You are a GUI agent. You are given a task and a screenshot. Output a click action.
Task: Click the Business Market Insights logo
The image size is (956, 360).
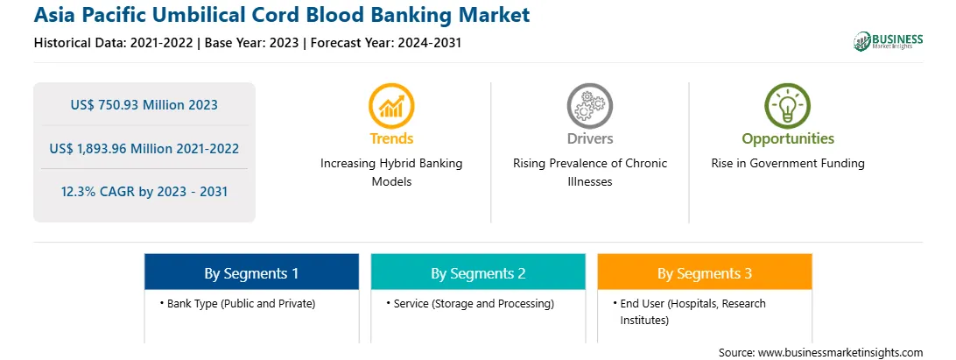pyautogui.click(x=888, y=41)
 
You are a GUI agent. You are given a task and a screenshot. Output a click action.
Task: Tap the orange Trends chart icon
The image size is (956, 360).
pyautogui.click(x=391, y=106)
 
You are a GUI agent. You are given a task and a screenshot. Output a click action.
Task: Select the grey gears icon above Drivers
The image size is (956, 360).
pyautogui.click(x=589, y=106)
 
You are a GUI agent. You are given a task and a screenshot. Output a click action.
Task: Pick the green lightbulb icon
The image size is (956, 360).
pyautogui.click(x=787, y=106)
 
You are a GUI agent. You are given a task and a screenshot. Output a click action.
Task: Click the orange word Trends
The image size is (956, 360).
pyautogui.click(x=391, y=138)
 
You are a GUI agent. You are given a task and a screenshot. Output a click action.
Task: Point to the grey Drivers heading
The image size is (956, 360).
pyautogui.click(x=589, y=138)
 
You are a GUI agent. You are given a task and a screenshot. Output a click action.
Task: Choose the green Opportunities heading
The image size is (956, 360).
pyautogui.click(x=788, y=139)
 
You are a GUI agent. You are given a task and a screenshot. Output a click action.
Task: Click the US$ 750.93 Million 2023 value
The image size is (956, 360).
pyautogui.click(x=144, y=105)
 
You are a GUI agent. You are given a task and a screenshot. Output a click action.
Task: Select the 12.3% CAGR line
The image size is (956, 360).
pyautogui.click(x=144, y=192)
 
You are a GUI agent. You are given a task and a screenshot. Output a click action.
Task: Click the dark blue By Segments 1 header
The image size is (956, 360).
pyautogui.click(x=251, y=273)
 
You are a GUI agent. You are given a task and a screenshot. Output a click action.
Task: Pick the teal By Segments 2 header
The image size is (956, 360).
pyautogui.click(x=478, y=273)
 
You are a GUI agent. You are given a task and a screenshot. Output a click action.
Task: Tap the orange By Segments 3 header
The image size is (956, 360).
pyautogui.click(x=704, y=273)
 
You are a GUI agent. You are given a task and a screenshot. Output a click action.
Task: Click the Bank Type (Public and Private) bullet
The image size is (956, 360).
pyautogui.click(x=237, y=304)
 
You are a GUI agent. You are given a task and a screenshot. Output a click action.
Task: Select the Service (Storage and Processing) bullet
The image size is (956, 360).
pyautogui.click(x=469, y=304)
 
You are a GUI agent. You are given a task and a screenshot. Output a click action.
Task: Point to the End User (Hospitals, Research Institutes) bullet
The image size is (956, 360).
pyautogui.click(x=689, y=312)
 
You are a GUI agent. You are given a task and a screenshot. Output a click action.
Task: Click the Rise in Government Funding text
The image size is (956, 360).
pyautogui.click(x=788, y=164)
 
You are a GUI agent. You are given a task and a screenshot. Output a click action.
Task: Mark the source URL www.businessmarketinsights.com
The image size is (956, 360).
pyautogui.click(x=840, y=353)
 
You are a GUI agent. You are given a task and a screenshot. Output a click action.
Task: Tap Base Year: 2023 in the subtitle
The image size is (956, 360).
pyautogui.click(x=252, y=43)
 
